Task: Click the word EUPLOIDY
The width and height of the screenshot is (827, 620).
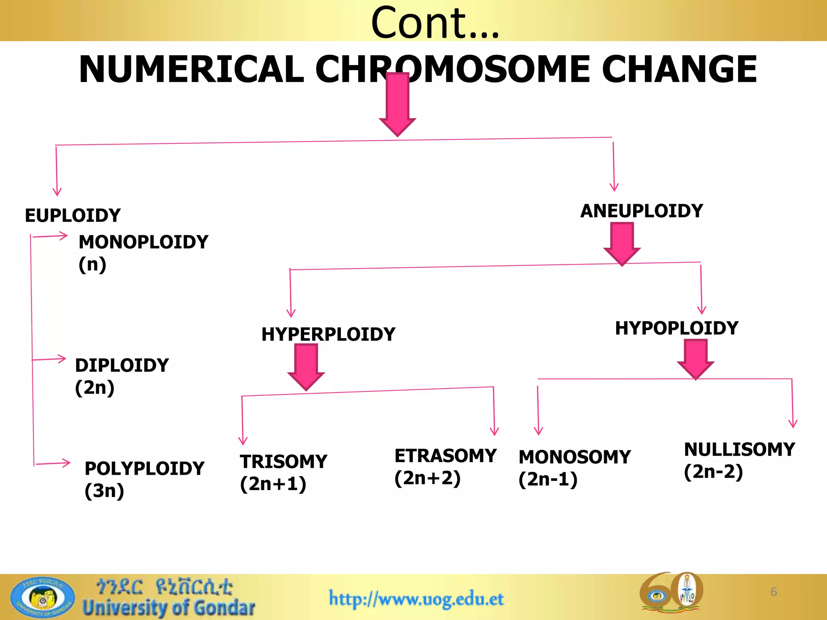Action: (x=73, y=216)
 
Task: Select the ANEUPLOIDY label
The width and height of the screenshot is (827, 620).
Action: (x=642, y=211)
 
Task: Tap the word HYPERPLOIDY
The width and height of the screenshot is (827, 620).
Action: (x=328, y=334)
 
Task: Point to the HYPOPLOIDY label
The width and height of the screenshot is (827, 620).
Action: (x=677, y=328)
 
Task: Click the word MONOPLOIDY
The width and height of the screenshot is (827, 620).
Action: (x=143, y=242)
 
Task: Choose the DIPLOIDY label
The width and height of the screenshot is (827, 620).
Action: (x=122, y=365)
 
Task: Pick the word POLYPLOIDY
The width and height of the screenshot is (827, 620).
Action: (x=145, y=469)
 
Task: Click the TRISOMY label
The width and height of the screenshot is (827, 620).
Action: (x=283, y=462)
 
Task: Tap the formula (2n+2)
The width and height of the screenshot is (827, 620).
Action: (x=428, y=478)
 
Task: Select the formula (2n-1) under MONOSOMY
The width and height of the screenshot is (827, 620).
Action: (x=548, y=480)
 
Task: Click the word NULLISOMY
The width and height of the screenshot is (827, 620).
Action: (x=739, y=450)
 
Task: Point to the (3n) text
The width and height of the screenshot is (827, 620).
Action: (x=104, y=491)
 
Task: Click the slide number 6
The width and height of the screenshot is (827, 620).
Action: (x=774, y=592)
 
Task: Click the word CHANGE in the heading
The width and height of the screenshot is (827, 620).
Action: (x=679, y=69)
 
